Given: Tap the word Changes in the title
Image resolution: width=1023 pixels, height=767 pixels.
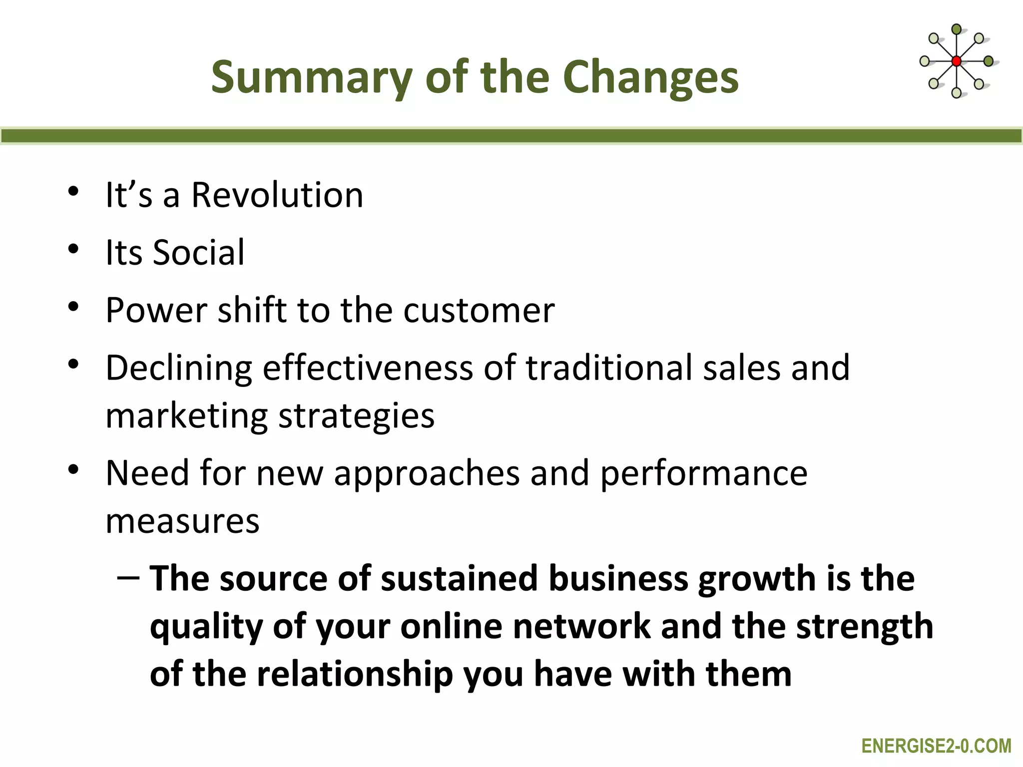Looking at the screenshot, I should click(650, 77).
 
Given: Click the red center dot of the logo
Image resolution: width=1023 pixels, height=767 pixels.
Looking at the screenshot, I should click(956, 61).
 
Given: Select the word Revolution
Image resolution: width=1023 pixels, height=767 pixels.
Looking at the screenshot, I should click(277, 195).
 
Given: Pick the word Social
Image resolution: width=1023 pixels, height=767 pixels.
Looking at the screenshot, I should click(198, 252).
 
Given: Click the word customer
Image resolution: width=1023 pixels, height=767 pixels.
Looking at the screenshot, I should click(479, 310).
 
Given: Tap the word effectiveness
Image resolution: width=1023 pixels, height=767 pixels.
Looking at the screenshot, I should click(368, 368).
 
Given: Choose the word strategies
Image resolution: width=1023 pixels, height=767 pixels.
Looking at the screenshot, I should click(356, 415).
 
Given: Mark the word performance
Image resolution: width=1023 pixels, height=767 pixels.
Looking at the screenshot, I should click(704, 473).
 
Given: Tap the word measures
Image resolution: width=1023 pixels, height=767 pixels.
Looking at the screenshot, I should click(182, 521).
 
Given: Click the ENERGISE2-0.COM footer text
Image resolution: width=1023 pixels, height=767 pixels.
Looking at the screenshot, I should click(937, 746).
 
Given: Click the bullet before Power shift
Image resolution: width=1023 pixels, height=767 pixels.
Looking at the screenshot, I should click(73, 307).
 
